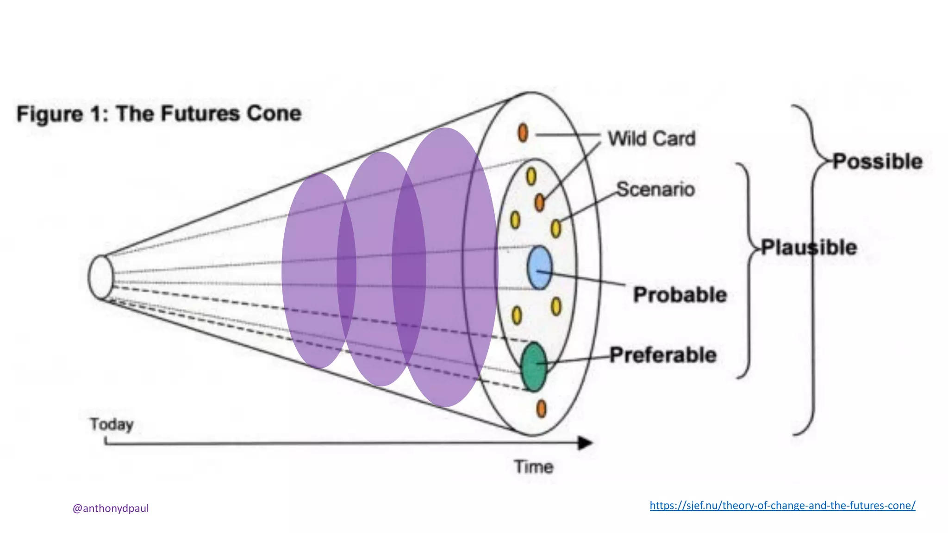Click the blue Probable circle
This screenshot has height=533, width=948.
(x=540, y=268)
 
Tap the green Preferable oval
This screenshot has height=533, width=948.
(x=534, y=367)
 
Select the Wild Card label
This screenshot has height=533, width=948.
(x=651, y=138)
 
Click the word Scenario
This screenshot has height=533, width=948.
(x=655, y=189)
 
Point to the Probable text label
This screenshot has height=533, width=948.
(x=680, y=295)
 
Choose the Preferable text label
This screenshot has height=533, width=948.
(x=663, y=355)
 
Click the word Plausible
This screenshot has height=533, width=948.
(x=809, y=247)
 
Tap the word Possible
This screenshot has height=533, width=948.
(x=878, y=161)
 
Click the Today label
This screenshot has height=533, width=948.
(x=112, y=424)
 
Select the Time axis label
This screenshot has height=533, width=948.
(x=534, y=466)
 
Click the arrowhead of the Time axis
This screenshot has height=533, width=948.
(x=586, y=443)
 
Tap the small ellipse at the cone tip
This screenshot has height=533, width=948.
(x=101, y=277)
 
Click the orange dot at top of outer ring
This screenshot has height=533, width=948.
(x=523, y=133)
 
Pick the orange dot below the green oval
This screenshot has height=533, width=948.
(x=541, y=409)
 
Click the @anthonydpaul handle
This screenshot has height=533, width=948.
(x=111, y=508)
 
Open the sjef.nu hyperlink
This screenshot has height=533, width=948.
(x=782, y=505)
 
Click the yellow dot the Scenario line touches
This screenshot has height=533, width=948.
(x=556, y=228)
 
